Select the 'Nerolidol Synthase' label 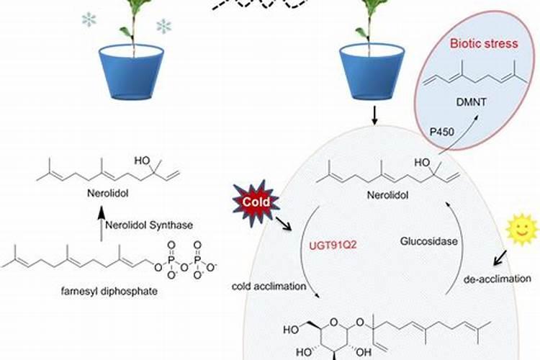pos(148,225)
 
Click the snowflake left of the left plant pos(89,19)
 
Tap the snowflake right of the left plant pos(164,27)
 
